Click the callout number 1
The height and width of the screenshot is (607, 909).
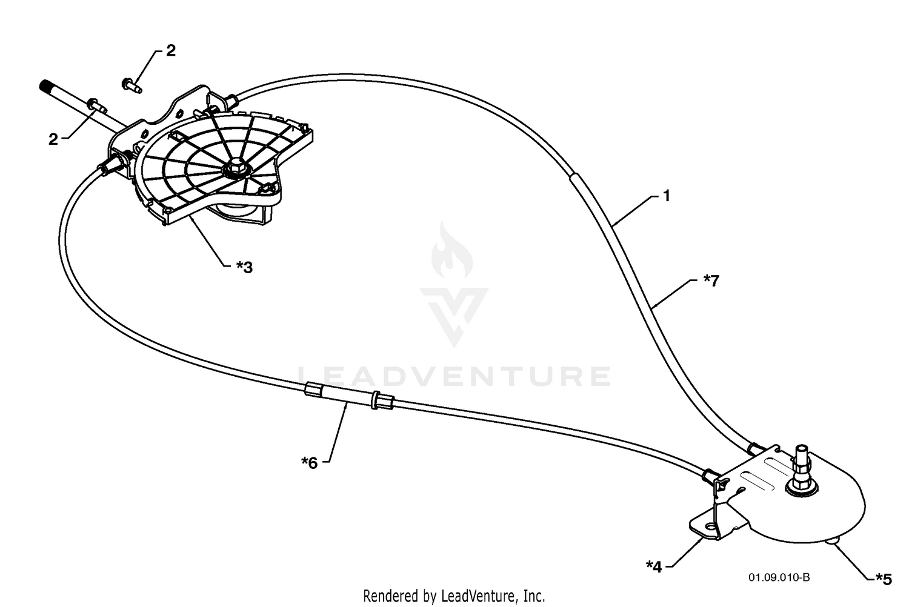point(667,196)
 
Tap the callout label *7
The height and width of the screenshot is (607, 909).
point(711,280)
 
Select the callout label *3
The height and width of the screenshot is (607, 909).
point(244,267)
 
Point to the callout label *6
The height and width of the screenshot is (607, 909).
point(309,463)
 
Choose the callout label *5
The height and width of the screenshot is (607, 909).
point(884,579)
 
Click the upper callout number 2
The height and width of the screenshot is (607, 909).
point(171,51)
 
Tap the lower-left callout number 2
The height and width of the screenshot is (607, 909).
point(53,139)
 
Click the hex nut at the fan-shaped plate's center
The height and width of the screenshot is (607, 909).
point(235,167)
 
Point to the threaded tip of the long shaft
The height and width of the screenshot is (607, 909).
point(45,86)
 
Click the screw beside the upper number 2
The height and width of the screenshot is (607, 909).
point(132,85)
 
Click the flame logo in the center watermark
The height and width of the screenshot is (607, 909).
point(452,250)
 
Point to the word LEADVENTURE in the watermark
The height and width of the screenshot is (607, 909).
point(454,376)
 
